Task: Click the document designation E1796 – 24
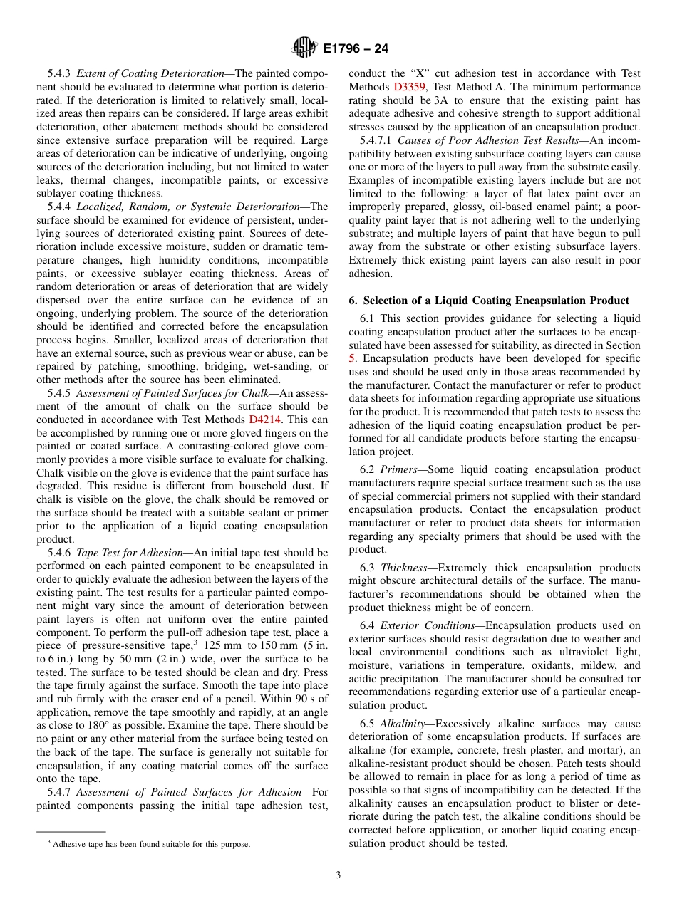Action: coord(356,49)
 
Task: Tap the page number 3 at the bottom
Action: coord(338,875)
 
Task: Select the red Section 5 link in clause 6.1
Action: coord(352,358)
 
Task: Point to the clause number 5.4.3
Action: coord(59,73)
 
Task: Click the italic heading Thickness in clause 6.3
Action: coord(403,568)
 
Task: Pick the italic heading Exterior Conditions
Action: coord(428,625)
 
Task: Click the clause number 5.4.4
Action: coord(59,207)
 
